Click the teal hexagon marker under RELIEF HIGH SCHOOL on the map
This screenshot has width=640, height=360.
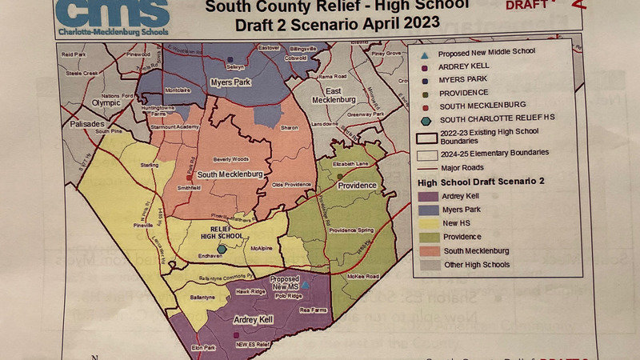tap(222, 249)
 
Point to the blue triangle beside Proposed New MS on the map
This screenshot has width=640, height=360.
tap(306, 283)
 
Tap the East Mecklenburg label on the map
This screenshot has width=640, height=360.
tap(333, 95)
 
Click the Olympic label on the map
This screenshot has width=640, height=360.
tap(106, 103)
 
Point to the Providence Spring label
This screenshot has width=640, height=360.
tap(352, 230)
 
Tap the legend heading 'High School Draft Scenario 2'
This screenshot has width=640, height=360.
tap(481, 182)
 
